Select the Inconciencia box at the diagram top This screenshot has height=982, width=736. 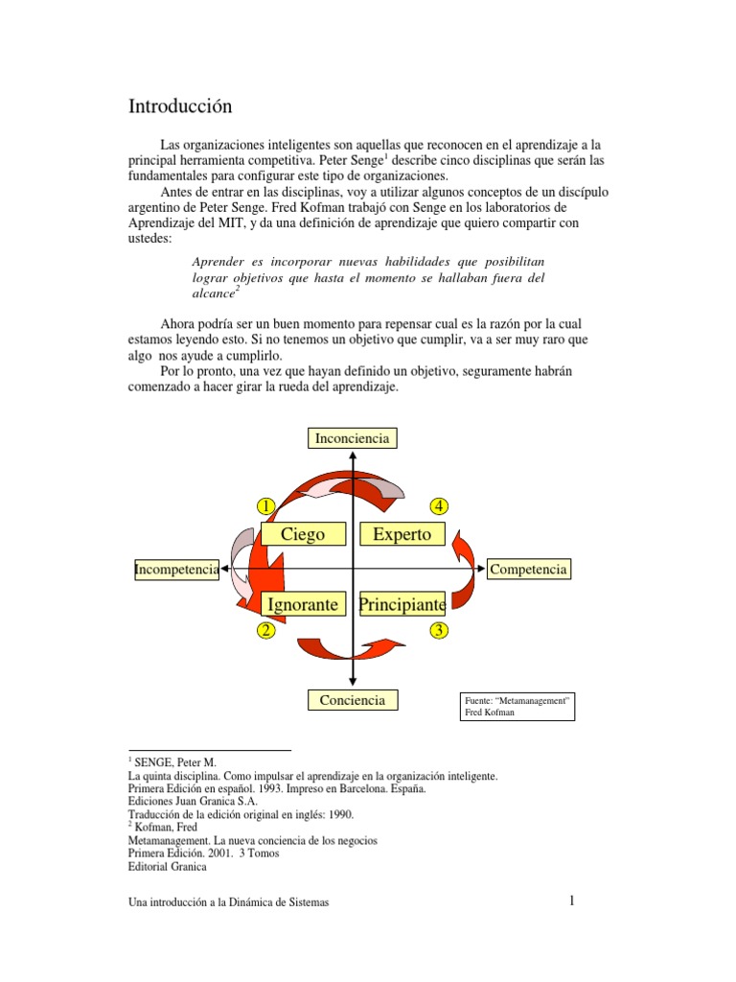tap(352, 438)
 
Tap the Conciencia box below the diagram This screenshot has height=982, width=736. tap(353, 700)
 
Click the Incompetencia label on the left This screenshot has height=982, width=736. tap(177, 570)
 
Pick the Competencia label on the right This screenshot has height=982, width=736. tap(529, 570)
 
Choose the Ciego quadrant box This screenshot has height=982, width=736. tap(303, 534)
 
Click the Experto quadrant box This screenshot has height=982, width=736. tap(402, 534)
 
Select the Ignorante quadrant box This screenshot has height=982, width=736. tap(303, 604)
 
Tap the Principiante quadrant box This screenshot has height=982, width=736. tap(402, 604)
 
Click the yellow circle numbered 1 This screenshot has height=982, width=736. tap(265, 505)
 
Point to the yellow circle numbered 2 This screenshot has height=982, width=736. tap(265, 630)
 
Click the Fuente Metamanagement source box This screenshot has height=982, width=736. tap(517, 708)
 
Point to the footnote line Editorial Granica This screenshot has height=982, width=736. tap(167, 866)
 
